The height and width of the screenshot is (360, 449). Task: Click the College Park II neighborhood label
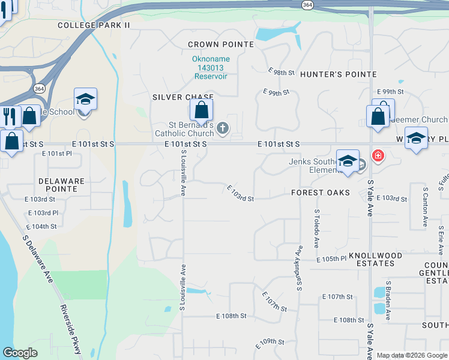click(x=94, y=25)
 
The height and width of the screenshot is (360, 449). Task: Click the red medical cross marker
click(x=378, y=156)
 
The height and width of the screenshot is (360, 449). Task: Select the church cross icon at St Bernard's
click(x=223, y=127)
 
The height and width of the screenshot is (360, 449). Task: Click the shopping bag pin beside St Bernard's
click(x=202, y=110)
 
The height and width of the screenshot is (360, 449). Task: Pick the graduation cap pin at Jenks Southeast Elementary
click(x=348, y=161)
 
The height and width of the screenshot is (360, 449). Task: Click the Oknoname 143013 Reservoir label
click(x=208, y=68)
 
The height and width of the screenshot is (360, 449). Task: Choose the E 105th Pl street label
click(x=332, y=259)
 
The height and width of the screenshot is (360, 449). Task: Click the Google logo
click(x=20, y=353)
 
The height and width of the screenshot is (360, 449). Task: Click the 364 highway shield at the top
click(x=307, y=5)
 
